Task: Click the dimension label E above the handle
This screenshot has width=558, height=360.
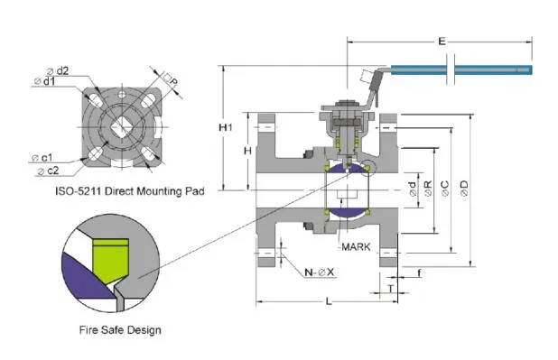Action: click(x=440, y=41)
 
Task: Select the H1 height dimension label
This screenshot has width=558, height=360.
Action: click(x=227, y=128)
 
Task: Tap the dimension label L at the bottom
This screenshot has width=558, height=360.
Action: click(x=328, y=300)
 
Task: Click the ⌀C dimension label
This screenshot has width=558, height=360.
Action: click(x=446, y=188)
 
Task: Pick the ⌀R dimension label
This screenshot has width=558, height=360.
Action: click(x=429, y=188)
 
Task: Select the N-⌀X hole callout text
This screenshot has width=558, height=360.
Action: click(x=319, y=272)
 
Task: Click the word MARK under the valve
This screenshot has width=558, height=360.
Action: click(x=353, y=245)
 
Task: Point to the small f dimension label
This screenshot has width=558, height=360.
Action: click(x=421, y=272)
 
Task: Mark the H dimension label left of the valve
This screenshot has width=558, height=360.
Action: click(x=247, y=150)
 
